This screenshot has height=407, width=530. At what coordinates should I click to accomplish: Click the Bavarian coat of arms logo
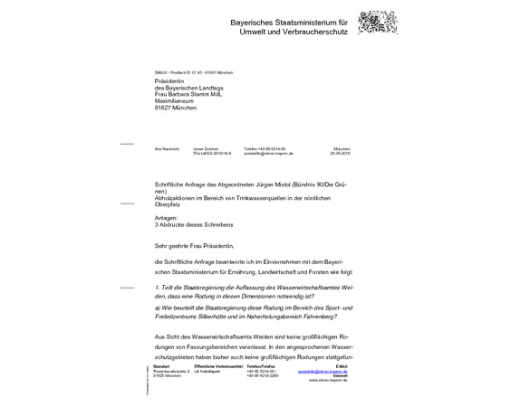click(378, 23)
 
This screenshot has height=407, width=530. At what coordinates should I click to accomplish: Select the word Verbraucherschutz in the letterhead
click(316, 32)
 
